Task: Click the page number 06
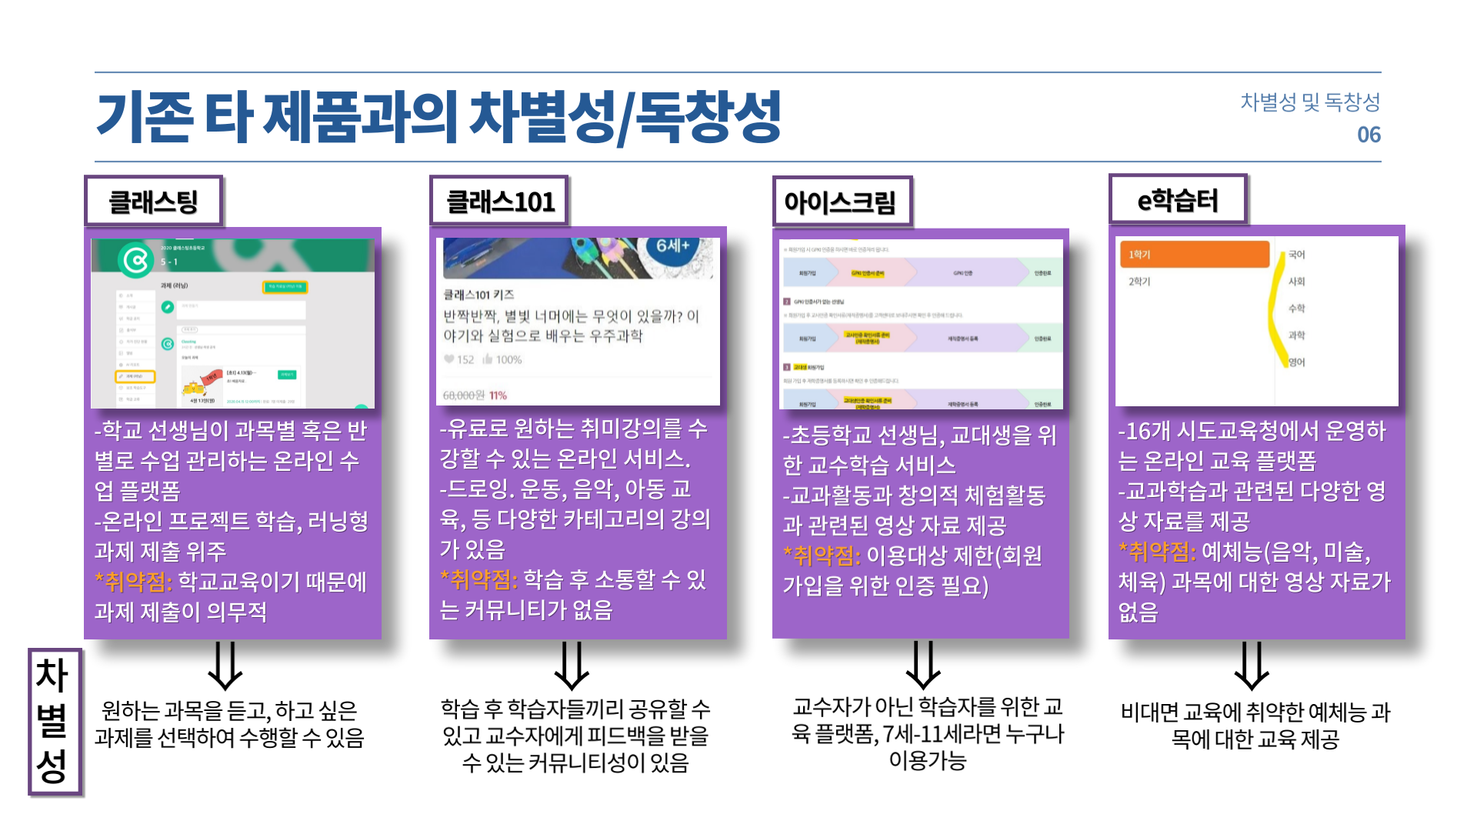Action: [x=1369, y=135]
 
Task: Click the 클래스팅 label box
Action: [x=154, y=202]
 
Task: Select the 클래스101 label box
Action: [x=500, y=202]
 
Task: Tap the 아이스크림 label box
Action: [x=842, y=202]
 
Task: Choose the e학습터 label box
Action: [x=1177, y=200]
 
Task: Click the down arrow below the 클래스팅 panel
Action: [x=225, y=666]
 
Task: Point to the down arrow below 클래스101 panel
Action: [x=572, y=666]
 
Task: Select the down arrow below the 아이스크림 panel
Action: [x=923, y=666]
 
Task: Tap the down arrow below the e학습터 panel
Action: [x=1252, y=666]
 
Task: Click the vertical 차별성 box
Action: [x=53, y=721]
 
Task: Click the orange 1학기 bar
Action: [x=1192, y=255]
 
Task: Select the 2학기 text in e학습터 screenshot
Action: [x=1139, y=282]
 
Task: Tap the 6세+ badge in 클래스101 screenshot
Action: [x=672, y=246]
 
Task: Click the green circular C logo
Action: [x=136, y=260]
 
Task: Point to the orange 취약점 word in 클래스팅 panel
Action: [x=134, y=582]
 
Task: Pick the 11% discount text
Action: [x=498, y=395]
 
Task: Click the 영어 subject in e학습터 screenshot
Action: [x=1297, y=362]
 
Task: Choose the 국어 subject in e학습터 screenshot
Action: [x=1297, y=255]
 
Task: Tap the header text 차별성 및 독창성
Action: [x=1309, y=102]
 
